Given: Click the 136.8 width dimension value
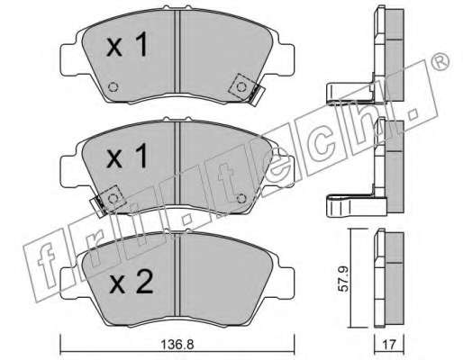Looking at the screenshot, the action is point(177,345).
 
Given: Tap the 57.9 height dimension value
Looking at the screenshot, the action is point(344,279).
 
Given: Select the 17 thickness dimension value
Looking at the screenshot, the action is point(389,345).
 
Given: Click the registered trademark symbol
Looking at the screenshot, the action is point(441,63).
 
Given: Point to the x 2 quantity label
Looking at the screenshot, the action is point(132,283).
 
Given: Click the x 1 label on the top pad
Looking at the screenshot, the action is point(127,45).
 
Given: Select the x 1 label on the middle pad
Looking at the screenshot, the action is point(127,156).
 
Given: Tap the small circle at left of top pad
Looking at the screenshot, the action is point(113,87).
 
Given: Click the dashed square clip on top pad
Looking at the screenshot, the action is point(241,87).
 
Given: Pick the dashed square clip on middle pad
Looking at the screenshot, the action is point(112,198).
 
